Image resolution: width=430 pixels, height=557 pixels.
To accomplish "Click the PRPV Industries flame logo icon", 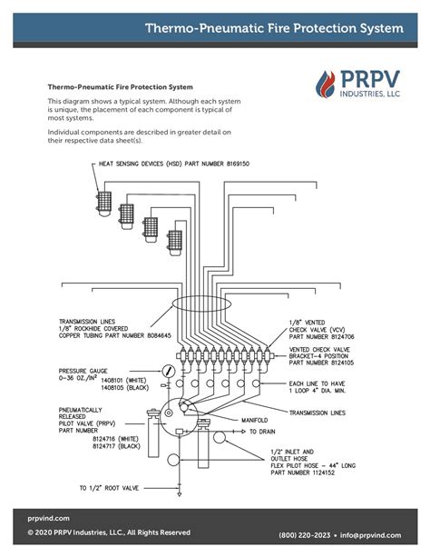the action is [326, 85].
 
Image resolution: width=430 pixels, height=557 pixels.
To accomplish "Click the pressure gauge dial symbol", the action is [168, 372].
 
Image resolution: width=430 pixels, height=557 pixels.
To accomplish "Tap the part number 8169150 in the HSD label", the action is [238, 164].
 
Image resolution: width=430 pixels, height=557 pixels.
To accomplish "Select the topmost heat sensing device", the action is [104, 204].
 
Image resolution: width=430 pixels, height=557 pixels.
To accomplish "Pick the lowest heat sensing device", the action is [174, 243].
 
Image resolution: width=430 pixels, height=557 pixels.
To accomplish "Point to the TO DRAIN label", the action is [262, 432].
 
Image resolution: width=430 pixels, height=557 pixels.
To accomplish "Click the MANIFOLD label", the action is [255, 420].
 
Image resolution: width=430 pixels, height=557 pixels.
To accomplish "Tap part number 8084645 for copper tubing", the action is [159, 335].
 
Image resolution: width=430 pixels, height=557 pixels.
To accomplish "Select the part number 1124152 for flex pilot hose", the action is [323, 472].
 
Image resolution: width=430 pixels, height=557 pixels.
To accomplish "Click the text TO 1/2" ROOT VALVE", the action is [109, 488].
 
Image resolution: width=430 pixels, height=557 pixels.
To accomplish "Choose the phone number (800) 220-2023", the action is [305, 535].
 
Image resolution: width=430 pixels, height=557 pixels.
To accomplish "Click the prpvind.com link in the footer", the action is [49, 518].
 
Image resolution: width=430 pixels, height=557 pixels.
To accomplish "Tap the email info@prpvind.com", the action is [370, 535].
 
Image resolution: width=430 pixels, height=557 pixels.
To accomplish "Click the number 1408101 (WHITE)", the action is [123, 381].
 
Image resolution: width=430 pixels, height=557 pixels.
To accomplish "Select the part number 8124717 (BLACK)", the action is [116, 446].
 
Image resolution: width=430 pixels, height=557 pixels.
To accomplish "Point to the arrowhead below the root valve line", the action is [180, 494].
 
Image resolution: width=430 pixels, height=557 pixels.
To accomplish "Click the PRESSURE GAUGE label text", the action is [83, 371].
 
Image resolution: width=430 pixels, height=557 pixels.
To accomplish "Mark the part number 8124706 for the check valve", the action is [342, 336].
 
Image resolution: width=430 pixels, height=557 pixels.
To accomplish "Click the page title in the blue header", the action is [274, 28].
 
